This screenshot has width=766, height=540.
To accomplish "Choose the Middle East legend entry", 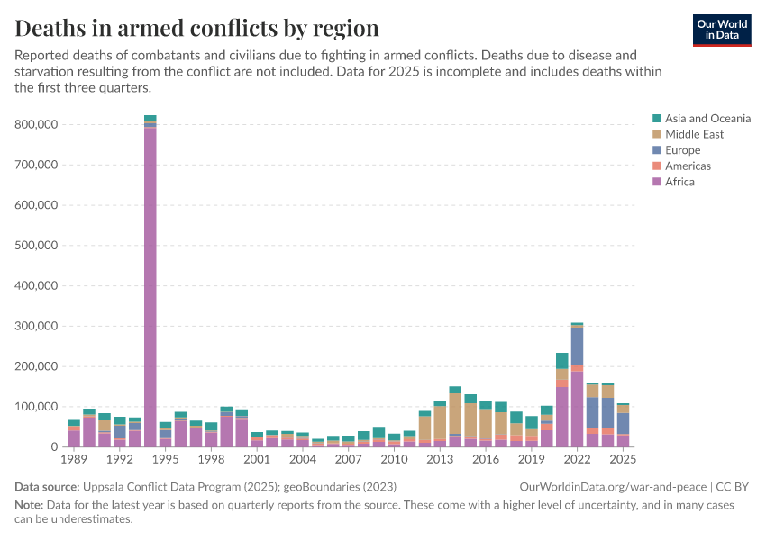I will point(694,135).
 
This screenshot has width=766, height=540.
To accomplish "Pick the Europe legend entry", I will point(682,150).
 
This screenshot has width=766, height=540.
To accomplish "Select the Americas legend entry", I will point(688,166).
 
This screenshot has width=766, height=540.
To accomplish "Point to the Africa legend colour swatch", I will point(657,183).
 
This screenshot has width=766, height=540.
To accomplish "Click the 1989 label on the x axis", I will point(74,460).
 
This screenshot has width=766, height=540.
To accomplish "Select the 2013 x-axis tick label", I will point(440,460).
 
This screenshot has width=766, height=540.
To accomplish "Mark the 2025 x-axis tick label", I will point(623,460).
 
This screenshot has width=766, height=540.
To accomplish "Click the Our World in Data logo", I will point(721,30).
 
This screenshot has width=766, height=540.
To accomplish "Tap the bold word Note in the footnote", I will point(30,506).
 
